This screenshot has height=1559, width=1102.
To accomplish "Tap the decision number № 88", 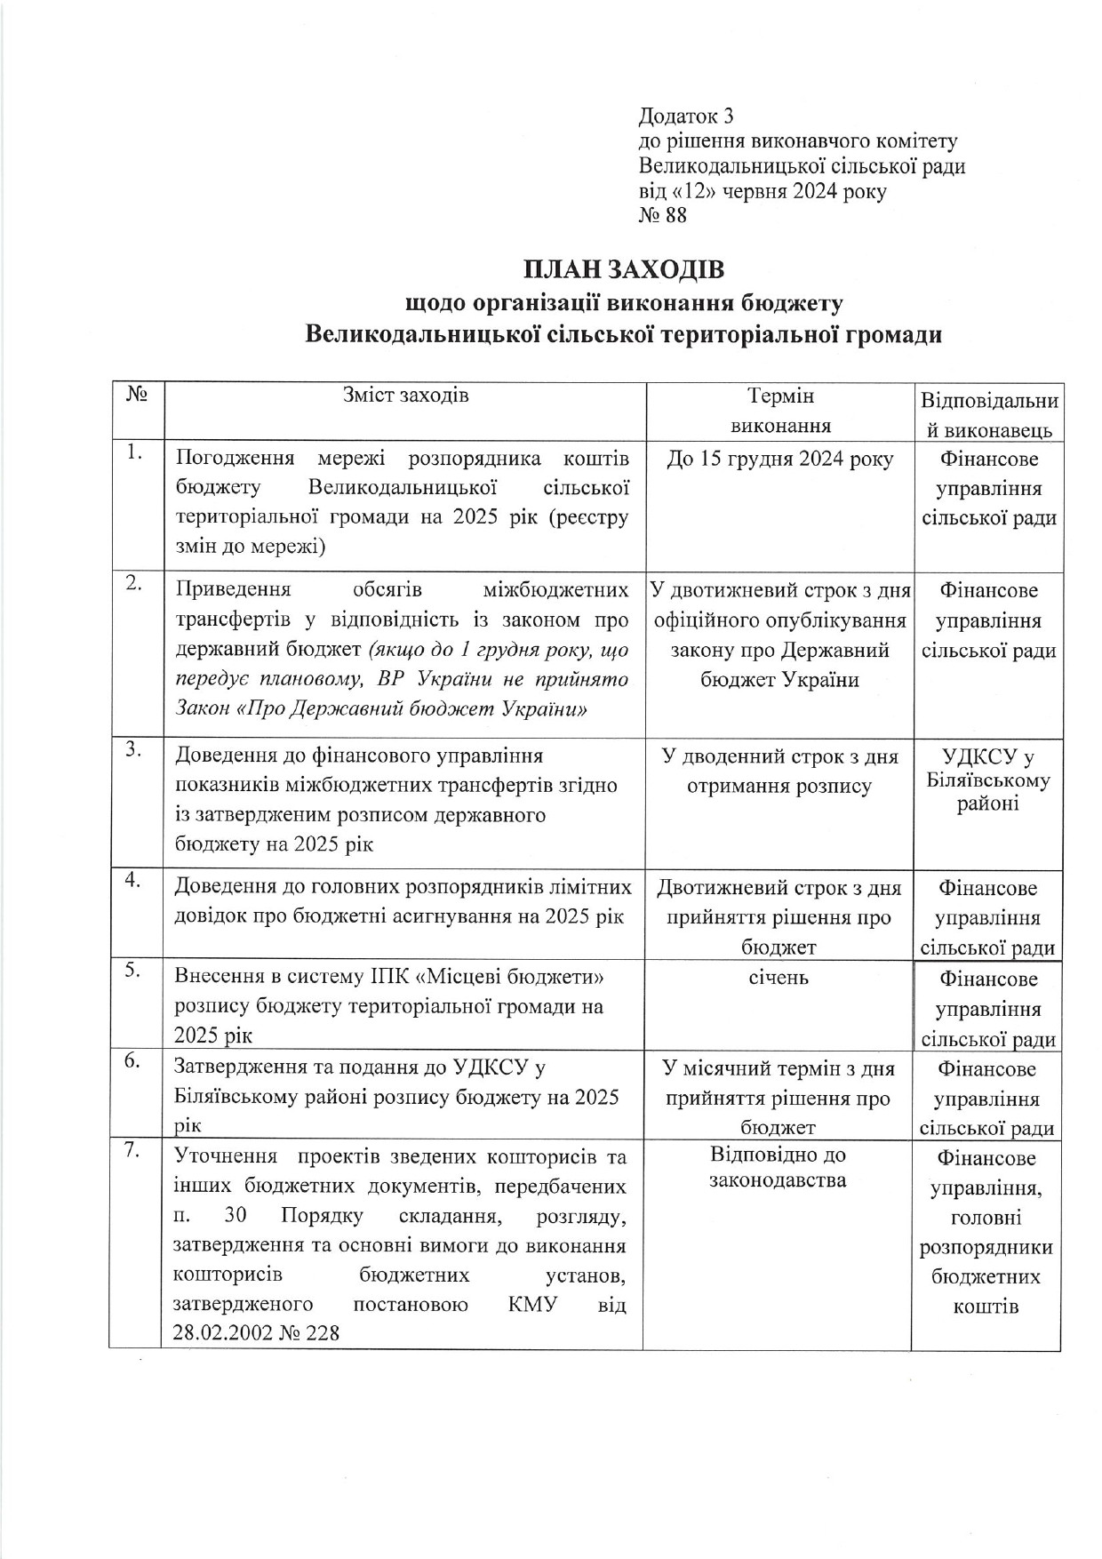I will [663, 216].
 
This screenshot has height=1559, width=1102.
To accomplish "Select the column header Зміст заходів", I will [405, 396].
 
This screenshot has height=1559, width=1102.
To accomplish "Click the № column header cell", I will [137, 394].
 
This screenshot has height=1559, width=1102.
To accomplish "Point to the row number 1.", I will [134, 453].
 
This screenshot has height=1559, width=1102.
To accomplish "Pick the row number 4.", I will [134, 880].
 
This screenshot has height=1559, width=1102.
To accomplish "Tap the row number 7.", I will [134, 1150].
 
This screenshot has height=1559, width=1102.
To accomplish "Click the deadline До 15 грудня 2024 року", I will [779, 460].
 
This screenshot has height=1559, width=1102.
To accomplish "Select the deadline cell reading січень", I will [779, 978].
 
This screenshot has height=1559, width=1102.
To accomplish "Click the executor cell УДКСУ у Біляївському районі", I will [988, 780].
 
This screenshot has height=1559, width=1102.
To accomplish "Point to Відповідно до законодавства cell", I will [779, 1168].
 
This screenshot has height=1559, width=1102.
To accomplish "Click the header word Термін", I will [780, 396].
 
